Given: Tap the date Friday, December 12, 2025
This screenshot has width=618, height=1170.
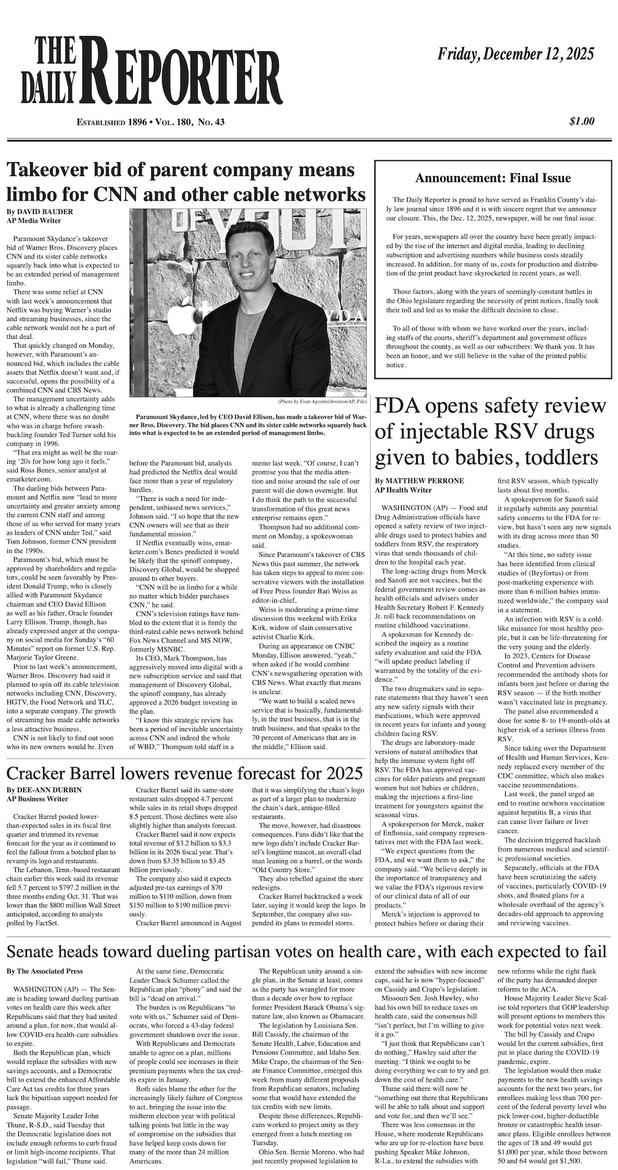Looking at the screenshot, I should [x=516, y=55].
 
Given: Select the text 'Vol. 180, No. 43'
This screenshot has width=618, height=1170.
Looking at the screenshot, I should [x=190, y=122].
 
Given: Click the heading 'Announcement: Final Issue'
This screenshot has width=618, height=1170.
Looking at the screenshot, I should [x=492, y=179].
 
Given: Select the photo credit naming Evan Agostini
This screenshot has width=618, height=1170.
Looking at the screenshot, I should [x=322, y=402].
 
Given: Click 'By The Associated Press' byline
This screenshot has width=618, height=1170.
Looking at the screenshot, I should [x=44, y=970].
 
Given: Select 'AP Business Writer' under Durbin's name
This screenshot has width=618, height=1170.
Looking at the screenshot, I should [x=37, y=798].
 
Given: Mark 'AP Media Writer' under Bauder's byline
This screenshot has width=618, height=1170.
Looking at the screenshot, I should [x=34, y=221].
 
